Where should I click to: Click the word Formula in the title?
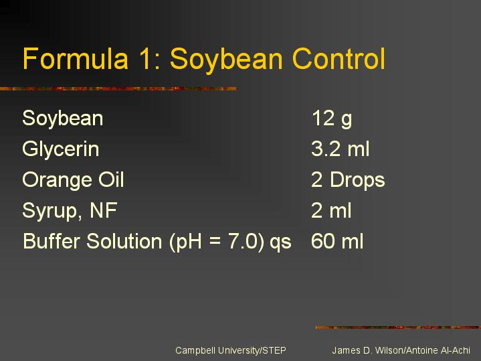[x=76, y=58]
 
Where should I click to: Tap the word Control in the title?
[x=339, y=58]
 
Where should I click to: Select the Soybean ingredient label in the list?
[x=63, y=119]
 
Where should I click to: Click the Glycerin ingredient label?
[x=61, y=149]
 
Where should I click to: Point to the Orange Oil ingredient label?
[x=73, y=180]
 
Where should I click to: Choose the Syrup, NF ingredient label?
[x=70, y=212]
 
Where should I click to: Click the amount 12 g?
[x=332, y=119]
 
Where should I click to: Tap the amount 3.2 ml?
[x=341, y=149]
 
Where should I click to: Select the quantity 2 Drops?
[x=348, y=180]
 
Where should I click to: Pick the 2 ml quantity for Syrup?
[x=331, y=210]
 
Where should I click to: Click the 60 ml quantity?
[x=337, y=241]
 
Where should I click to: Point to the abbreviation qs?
[x=280, y=242]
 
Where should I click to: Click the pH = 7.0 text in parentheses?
[x=217, y=242]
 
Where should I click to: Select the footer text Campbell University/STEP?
[x=231, y=350]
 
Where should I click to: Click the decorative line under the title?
[x=118, y=89]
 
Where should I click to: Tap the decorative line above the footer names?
[x=398, y=328]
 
